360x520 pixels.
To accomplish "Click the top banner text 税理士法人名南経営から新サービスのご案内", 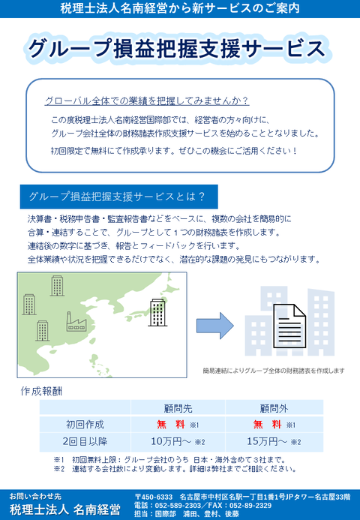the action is [180, 9].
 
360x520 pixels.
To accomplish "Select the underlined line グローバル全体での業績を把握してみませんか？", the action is [147, 101].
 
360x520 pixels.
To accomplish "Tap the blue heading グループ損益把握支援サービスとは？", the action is [117, 197].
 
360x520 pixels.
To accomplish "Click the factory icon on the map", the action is [77, 321].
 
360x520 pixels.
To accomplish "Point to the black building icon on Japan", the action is [157, 312].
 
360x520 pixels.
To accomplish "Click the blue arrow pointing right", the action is [214, 323].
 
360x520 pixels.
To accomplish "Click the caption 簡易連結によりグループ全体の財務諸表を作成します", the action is [273, 371].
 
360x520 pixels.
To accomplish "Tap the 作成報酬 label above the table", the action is [42, 391].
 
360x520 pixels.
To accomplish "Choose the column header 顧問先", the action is [178, 408].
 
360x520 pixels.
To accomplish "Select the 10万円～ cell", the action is [172, 441].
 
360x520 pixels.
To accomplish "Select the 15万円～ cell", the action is [268, 441].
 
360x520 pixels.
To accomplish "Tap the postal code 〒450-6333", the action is [154, 497].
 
